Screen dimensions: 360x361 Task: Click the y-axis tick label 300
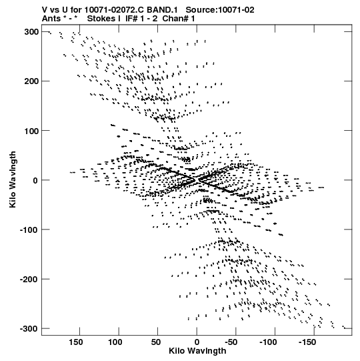31,32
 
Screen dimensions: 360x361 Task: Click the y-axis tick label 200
31,81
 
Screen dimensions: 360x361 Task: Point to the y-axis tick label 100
31,131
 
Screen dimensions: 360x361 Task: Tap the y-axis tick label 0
35,180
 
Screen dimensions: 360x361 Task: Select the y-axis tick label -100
29,230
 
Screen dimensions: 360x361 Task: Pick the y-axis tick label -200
29,280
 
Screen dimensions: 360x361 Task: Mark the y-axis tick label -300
29,329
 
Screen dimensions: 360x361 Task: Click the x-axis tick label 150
76,342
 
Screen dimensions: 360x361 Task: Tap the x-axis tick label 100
115,342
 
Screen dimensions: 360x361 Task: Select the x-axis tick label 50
156,342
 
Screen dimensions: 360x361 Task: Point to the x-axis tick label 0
197,342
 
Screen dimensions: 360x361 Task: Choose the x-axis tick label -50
231,342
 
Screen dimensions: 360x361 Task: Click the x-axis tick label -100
268,342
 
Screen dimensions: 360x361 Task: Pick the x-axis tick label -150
307,342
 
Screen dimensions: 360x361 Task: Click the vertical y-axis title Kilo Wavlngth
13,179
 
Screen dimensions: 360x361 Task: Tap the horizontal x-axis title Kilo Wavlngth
197,351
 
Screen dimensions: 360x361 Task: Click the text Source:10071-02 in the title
220,10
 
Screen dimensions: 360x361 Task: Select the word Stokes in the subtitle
101,19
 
